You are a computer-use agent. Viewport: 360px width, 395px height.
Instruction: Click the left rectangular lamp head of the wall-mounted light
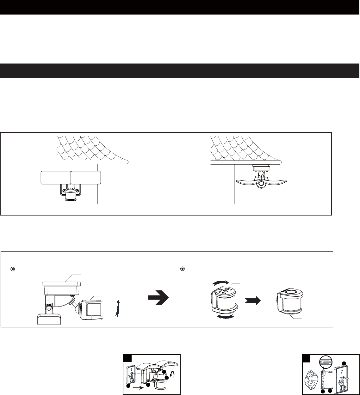pyautogui.click(x=55, y=178)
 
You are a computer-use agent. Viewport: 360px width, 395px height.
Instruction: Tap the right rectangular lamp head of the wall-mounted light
pyautogui.click(x=85, y=178)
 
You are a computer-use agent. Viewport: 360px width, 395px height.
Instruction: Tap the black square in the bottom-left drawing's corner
pyautogui.click(x=127, y=358)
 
